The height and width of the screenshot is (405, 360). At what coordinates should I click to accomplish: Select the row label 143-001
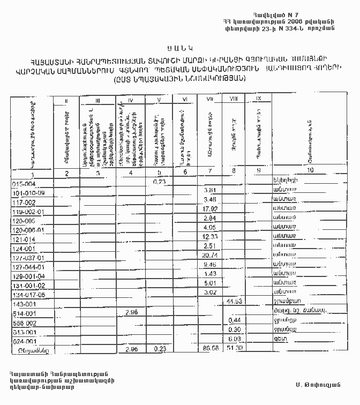pos(23,303)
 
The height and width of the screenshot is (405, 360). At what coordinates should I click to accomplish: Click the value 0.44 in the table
pos(233,320)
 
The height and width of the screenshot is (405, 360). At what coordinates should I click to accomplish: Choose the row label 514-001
pos(23,313)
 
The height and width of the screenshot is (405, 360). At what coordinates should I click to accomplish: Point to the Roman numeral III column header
pos(97,100)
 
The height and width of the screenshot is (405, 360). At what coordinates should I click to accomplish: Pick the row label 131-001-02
pos(29,284)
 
